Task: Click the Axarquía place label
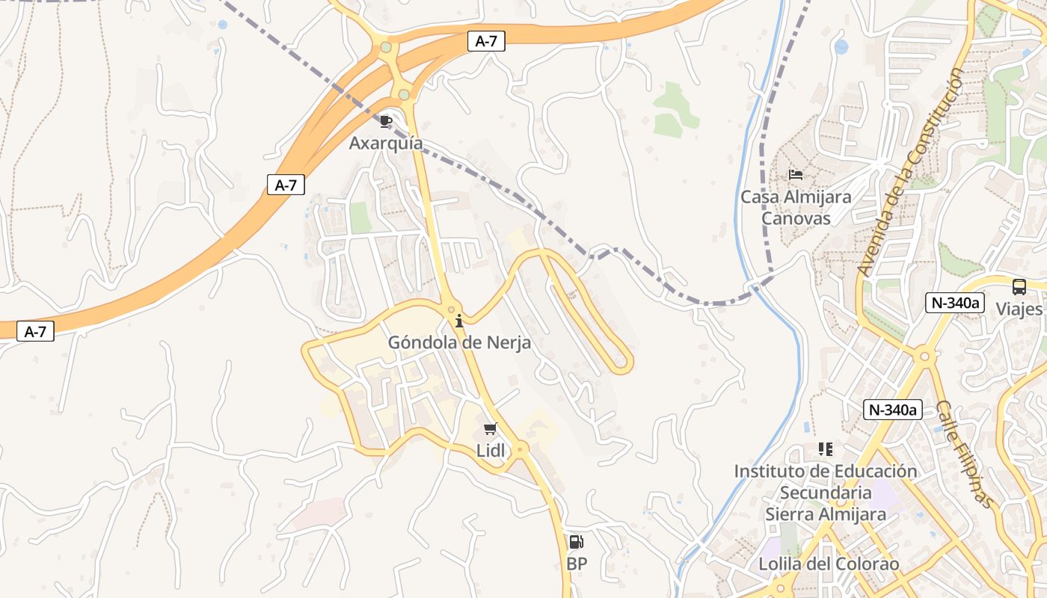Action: tap(386, 143)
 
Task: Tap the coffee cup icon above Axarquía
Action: tap(386, 121)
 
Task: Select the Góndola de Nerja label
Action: tap(459, 342)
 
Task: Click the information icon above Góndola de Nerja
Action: tap(459, 321)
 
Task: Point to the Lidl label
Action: tap(491, 451)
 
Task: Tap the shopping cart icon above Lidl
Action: tap(491, 428)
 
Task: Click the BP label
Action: tap(577, 564)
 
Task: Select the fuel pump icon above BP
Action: tap(576, 542)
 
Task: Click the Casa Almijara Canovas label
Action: tap(796, 208)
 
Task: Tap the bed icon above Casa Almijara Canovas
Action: tap(796, 175)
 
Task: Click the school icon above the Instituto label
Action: tap(826, 449)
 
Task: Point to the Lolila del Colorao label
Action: tap(829, 564)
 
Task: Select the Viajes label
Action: tap(1019, 309)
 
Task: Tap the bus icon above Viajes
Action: tap(1019, 287)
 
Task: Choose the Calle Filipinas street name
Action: tap(965, 454)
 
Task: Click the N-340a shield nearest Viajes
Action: tap(955, 303)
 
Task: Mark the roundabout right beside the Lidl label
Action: tap(520, 450)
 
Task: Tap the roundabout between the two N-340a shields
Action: tap(925, 357)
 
